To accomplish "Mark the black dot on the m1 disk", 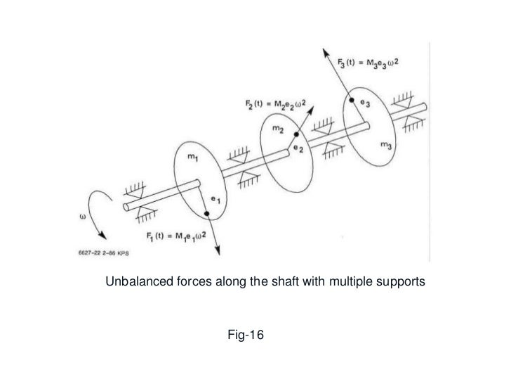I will tap(206, 213).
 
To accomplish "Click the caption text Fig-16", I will tap(245, 336).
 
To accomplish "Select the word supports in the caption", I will tap(399, 283).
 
